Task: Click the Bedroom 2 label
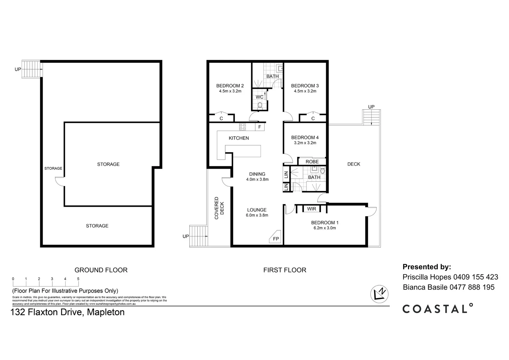click(x=230, y=86)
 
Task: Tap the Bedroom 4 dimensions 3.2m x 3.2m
click(x=305, y=143)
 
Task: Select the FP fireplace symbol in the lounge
click(x=276, y=239)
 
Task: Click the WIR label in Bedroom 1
click(x=311, y=209)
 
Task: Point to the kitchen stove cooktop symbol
click(x=243, y=127)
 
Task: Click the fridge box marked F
click(x=260, y=127)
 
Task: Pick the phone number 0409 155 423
click(x=476, y=277)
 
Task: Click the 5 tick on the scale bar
click(x=78, y=279)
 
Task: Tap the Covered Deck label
click(x=219, y=208)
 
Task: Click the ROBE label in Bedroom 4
click(x=312, y=162)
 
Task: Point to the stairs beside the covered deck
click(x=198, y=236)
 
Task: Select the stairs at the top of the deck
click(x=371, y=117)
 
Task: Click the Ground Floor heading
click(x=101, y=270)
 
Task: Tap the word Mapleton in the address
click(x=106, y=312)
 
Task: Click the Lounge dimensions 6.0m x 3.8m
click(x=257, y=215)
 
